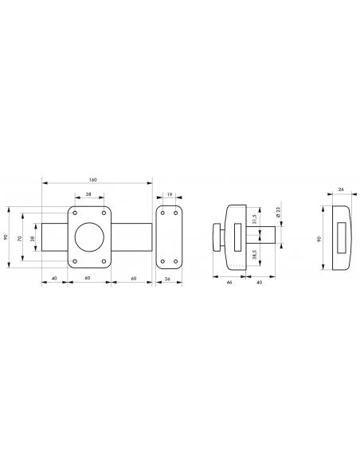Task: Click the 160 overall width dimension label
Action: (93, 180)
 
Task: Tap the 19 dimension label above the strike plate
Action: (170, 194)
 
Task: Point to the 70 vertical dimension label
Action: (20, 238)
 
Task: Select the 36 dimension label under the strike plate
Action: (167, 279)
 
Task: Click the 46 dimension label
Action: (229, 283)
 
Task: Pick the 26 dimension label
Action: (341, 190)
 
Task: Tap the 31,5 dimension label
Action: (254, 219)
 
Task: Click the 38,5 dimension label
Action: (254, 255)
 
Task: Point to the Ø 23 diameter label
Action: (278, 213)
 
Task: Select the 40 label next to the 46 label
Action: (259, 283)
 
